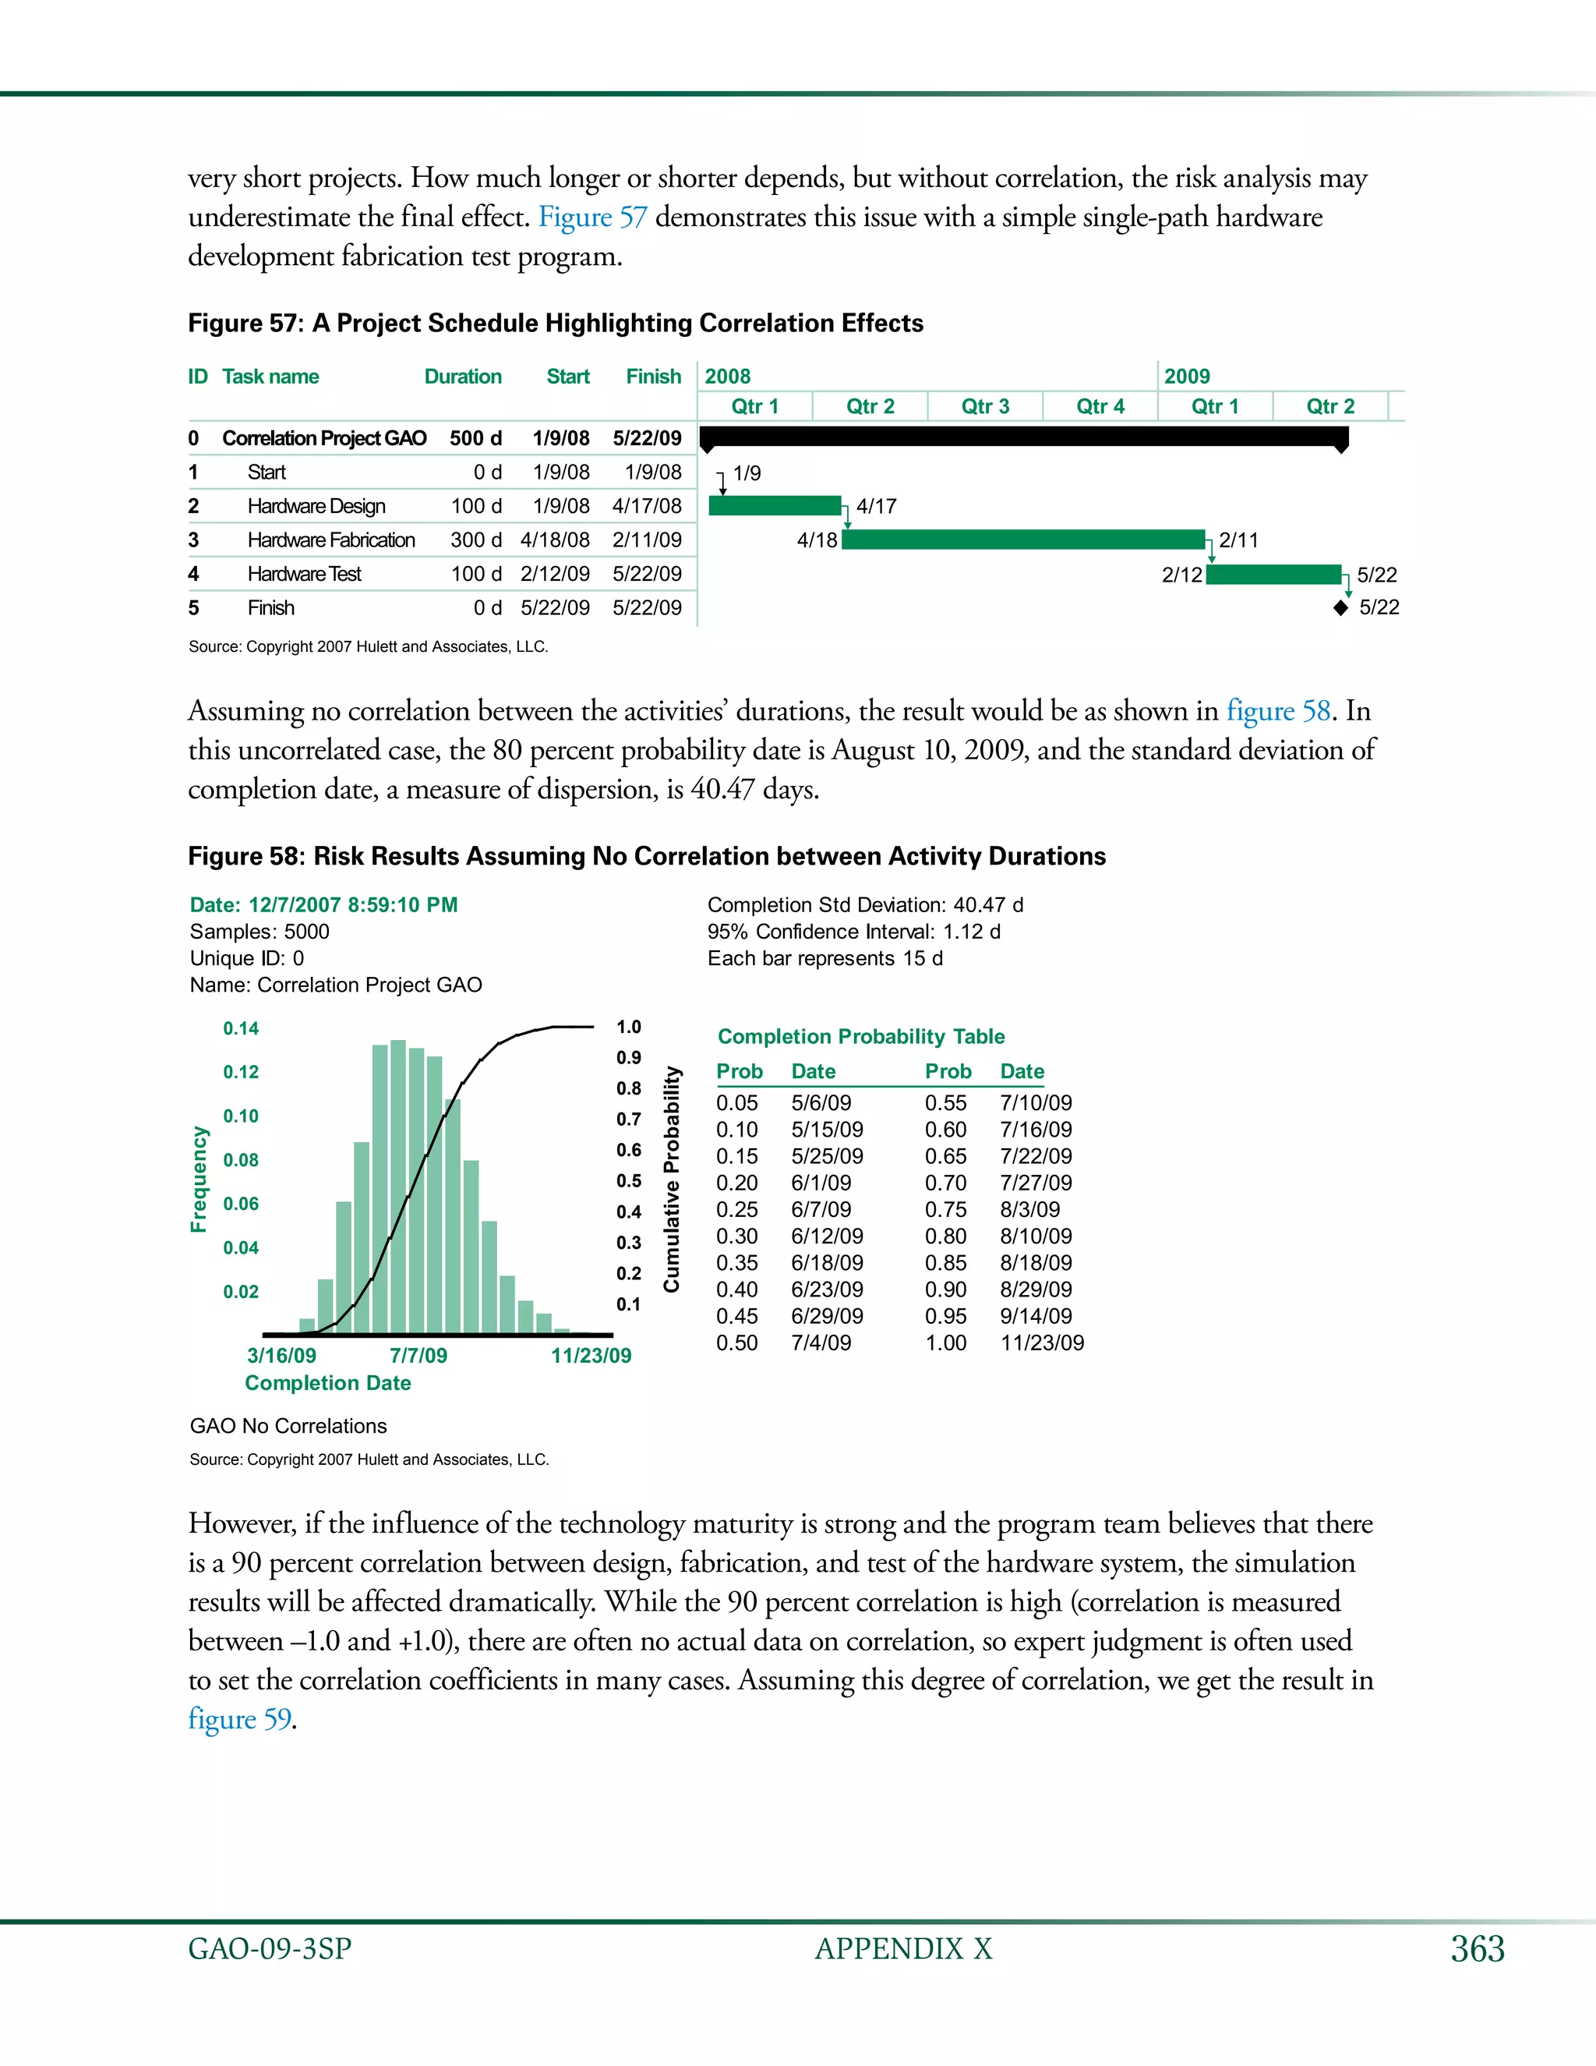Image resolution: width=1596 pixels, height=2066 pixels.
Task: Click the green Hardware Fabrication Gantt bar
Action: pyautogui.click(x=1023, y=540)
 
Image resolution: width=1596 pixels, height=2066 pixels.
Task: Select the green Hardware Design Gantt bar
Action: pyautogui.click(x=775, y=506)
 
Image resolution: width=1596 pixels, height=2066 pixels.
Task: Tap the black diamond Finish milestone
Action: pyautogui.click(x=1340, y=608)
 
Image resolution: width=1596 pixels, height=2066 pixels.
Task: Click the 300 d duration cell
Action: pyautogui.click(x=475, y=540)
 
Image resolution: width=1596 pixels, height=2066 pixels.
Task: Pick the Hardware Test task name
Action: pyautogui.click(x=305, y=575)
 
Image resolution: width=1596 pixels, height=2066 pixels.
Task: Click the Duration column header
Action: pyautogui.click(x=462, y=377)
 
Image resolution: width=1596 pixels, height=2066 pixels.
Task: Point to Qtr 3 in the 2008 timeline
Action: pyautogui.click(x=985, y=407)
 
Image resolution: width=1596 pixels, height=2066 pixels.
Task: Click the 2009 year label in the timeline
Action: pyautogui.click(x=1187, y=377)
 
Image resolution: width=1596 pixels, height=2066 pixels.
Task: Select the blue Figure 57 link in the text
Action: pyautogui.click(x=593, y=218)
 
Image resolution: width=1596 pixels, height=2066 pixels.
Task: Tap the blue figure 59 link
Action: pyautogui.click(x=240, y=1719)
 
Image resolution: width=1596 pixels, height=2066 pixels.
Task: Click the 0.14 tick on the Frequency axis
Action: pyautogui.click(x=241, y=1028)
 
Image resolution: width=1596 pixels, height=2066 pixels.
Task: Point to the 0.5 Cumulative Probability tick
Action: pyautogui.click(x=629, y=1181)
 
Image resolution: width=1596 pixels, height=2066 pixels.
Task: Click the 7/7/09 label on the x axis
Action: pyautogui.click(x=418, y=1356)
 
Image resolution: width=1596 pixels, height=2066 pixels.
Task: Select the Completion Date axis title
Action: pyautogui.click(x=328, y=1383)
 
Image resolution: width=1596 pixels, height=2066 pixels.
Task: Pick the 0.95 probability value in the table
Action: pyautogui.click(x=945, y=1316)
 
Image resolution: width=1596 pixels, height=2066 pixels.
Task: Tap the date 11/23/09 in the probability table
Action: pyautogui.click(x=1042, y=1343)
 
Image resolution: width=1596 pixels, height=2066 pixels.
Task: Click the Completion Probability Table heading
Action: pyautogui.click(x=860, y=1037)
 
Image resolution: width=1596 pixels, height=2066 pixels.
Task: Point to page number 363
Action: pyautogui.click(x=1478, y=1949)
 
